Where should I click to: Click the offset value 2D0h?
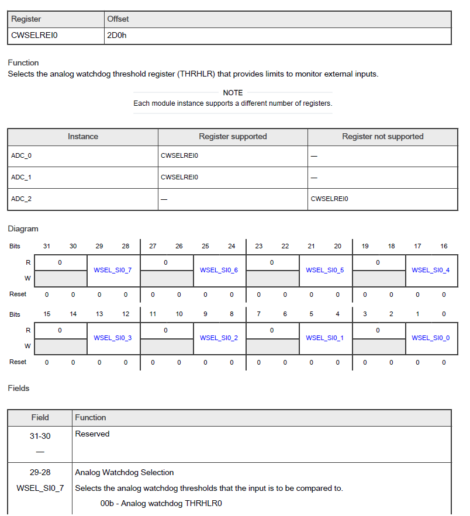117,35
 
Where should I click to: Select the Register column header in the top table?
26,19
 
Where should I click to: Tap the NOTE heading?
233,93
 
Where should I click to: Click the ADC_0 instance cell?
21,156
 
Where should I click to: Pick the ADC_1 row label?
21,177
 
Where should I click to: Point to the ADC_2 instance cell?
21,199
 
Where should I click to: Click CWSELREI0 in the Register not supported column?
330,199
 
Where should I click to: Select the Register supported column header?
233,137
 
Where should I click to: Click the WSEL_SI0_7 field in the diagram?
113,270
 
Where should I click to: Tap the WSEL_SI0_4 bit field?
431,270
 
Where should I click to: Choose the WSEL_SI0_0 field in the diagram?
431,338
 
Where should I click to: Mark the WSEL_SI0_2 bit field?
219,338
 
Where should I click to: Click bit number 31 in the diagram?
47,246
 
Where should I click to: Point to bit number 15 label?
47,314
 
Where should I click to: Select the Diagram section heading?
23,228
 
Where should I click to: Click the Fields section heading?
19,388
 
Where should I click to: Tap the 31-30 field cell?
40,434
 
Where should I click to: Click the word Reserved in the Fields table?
92,434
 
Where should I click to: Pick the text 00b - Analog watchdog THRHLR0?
161,503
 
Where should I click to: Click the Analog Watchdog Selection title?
124,472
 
